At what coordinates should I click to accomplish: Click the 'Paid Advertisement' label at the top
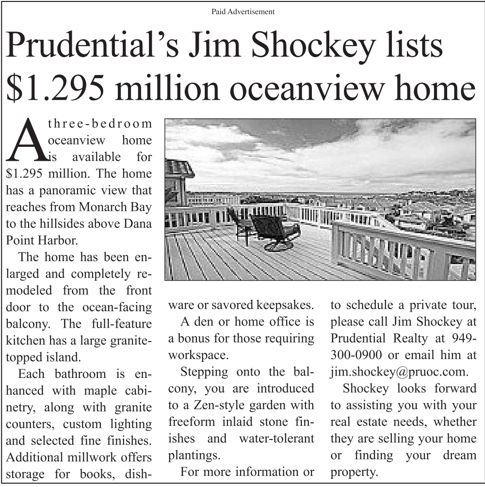[243, 11]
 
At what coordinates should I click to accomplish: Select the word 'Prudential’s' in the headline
[90, 47]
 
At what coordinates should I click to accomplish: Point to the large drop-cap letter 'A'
[26, 141]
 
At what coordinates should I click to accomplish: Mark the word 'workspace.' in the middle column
[198, 355]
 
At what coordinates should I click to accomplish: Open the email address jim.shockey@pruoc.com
[399, 372]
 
